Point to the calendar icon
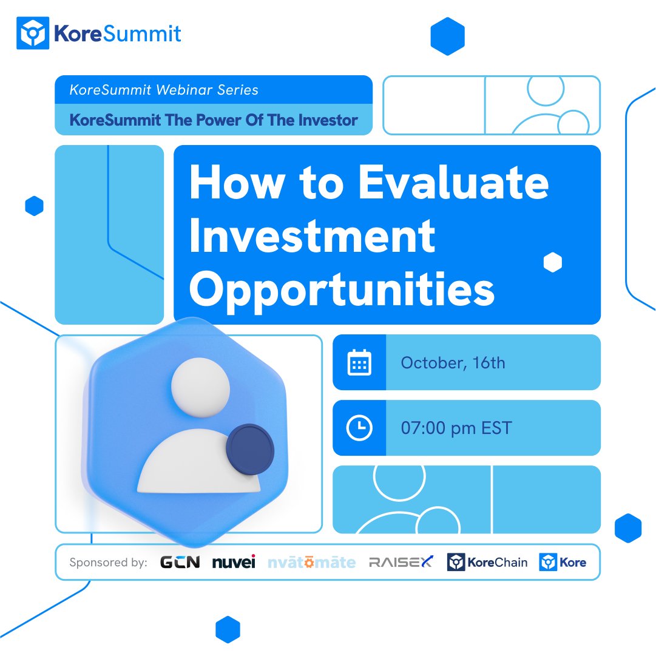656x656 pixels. point(359,363)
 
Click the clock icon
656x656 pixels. point(359,428)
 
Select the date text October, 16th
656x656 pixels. point(453,363)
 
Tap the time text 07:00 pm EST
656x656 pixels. point(456,428)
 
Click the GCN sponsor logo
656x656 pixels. point(180,563)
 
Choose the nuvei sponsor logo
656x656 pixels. point(234,563)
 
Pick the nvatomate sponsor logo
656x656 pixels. point(311,563)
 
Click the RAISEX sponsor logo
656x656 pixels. point(401,563)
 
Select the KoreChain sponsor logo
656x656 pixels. point(487,563)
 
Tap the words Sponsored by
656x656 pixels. point(108,563)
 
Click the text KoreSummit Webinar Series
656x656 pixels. point(164,90)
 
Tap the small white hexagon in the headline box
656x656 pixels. point(552,262)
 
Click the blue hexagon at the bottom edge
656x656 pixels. point(228,629)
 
